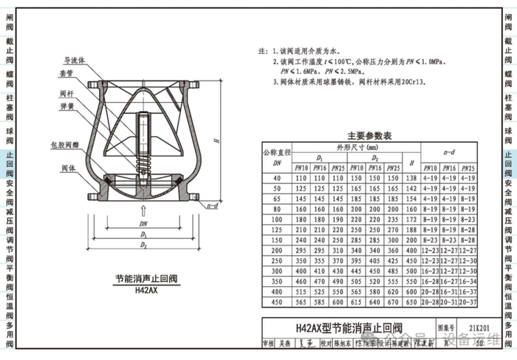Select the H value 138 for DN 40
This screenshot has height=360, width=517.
pyautogui.click(x=411, y=178)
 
